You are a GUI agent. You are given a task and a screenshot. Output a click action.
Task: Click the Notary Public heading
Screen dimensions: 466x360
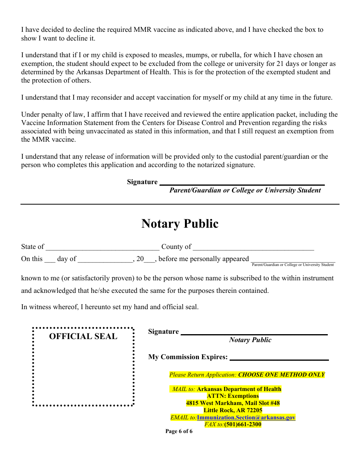(x=180, y=224)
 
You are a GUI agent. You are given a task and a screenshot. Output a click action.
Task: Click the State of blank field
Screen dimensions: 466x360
(x=102, y=247)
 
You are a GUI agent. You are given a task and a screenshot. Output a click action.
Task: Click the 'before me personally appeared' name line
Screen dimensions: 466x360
(x=293, y=260)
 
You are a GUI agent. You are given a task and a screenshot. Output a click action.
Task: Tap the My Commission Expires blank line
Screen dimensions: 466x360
(x=279, y=358)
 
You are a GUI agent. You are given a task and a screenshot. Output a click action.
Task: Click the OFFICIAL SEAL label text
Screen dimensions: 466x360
(x=83, y=336)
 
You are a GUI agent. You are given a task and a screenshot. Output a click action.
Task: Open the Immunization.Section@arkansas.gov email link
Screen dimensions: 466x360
(x=246, y=418)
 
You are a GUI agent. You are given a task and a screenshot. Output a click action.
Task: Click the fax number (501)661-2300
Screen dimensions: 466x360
(x=243, y=424)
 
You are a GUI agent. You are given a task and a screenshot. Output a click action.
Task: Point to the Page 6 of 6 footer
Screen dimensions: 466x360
(x=179, y=431)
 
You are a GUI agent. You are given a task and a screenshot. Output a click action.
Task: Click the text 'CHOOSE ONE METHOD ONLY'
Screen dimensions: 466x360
(x=282, y=375)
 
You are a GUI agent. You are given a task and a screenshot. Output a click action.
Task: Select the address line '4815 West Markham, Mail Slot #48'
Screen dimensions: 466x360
(x=233, y=403)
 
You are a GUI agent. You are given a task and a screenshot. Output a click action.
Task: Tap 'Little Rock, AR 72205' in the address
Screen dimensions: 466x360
(x=233, y=410)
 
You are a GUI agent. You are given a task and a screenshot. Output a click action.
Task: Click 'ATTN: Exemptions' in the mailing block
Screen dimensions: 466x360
(x=233, y=396)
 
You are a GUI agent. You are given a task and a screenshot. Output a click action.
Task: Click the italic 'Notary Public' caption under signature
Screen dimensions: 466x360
(x=250, y=340)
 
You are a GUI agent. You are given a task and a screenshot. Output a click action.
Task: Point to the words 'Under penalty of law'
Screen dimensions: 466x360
(x=50, y=114)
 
